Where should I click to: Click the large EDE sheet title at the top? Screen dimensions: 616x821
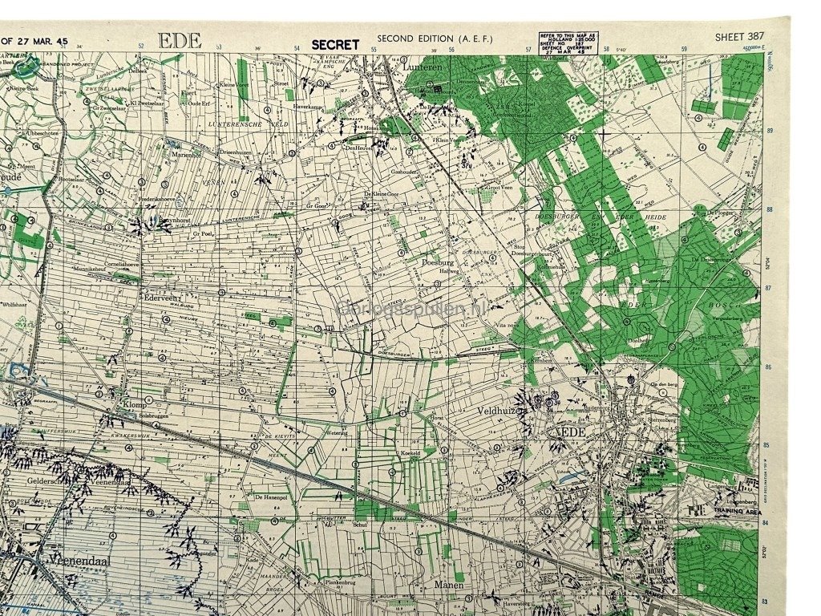180,41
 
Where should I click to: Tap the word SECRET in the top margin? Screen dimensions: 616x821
335,45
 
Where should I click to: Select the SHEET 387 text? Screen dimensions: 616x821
740,37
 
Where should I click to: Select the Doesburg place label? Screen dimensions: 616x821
438,261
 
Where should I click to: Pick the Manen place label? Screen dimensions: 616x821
450,586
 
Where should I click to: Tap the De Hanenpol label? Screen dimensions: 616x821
271,497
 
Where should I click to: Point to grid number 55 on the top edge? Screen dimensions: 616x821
374,50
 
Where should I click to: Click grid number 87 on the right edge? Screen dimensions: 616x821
769,287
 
